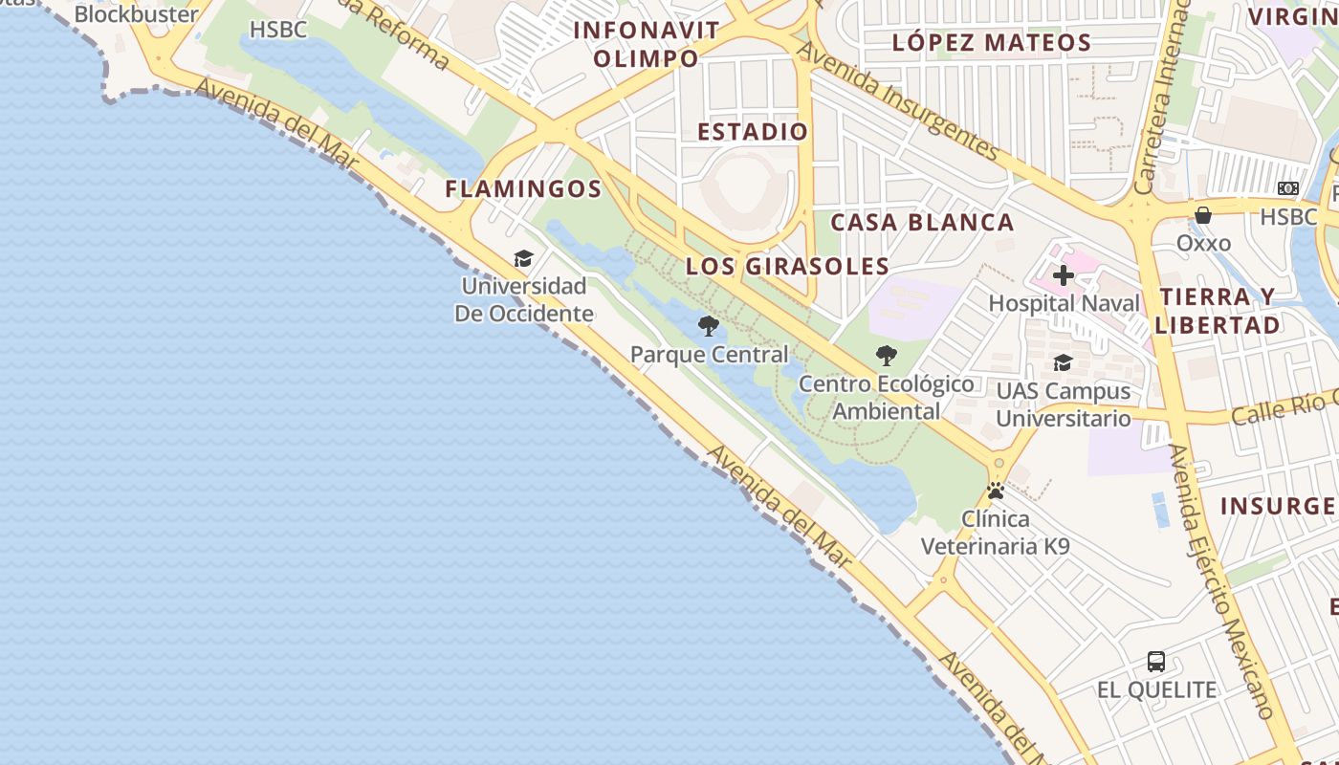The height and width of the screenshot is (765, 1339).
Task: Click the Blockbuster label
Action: pos(136,14)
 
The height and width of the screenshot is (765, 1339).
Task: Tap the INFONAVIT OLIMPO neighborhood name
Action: pos(646,44)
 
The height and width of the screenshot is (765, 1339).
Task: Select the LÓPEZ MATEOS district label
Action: pos(991,43)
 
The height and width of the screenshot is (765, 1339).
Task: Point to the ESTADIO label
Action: pos(753,132)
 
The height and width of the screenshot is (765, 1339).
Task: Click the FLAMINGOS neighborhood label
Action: pos(523,189)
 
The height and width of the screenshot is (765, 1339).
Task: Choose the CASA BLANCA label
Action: pos(922,223)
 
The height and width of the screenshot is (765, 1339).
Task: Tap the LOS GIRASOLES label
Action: pos(787,267)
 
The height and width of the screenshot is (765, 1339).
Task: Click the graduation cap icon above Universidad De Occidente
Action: pos(523,258)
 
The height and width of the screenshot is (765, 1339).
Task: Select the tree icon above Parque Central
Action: pos(709,327)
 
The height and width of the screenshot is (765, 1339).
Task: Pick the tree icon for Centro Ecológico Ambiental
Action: pos(887,357)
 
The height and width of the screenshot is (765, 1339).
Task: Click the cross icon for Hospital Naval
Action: pos(1063,276)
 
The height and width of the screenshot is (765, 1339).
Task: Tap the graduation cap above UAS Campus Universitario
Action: pos(1063,363)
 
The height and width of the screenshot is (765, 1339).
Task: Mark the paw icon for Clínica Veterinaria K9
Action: pos(996,492)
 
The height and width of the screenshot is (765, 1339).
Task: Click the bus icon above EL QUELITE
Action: pos(1156,661)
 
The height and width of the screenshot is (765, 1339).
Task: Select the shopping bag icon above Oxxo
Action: pos(1203,215)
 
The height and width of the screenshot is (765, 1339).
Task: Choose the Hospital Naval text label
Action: pos(1064,304)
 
